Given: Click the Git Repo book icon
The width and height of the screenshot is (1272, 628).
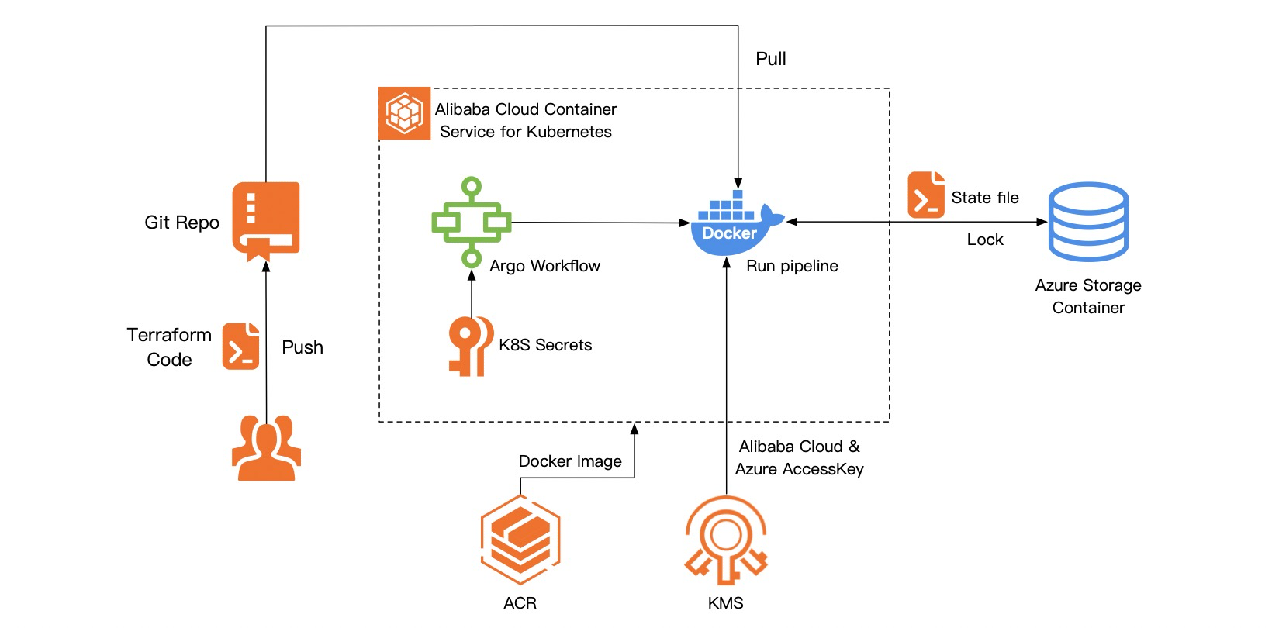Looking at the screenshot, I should point(266,220).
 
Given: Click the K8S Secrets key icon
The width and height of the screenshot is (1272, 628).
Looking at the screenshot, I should point(470,346).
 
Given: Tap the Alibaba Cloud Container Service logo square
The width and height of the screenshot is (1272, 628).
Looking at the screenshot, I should point(404,113).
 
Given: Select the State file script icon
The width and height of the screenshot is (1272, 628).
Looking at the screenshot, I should point(926,195).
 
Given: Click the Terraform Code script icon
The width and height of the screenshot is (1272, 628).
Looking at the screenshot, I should point(240,346).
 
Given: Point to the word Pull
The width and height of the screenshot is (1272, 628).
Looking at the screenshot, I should point(771,59).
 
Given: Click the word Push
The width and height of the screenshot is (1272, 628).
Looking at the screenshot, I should point(302,347).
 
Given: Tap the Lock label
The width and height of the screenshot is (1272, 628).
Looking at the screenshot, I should point(985,240).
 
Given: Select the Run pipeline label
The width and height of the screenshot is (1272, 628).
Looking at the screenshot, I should point(792,266).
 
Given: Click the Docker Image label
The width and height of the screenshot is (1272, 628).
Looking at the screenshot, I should point(570,461).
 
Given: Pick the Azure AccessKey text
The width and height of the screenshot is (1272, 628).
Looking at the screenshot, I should point(799,469).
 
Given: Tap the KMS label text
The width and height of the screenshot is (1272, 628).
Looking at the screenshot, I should point(726,603).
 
